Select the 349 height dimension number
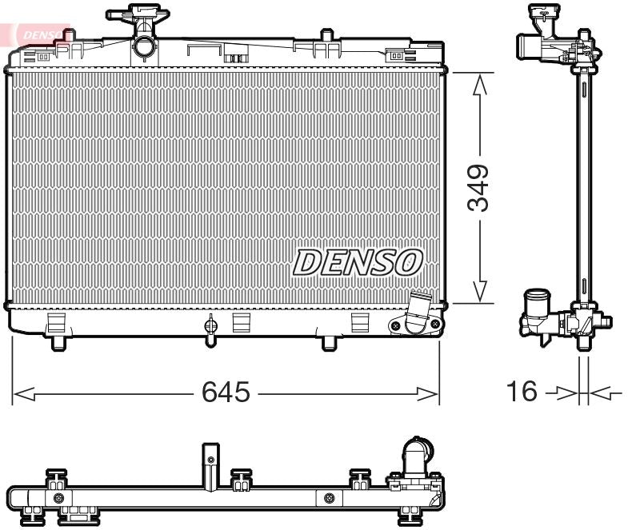coord(479,188)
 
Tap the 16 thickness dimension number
coord(521,392)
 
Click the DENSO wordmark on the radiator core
coord(358,262)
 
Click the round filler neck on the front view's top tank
coord(144,46)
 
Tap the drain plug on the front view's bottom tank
coord(211,328)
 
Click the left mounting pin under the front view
coord(59,343)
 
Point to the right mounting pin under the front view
coord(329,343)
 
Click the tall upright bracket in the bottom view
coord(210,466)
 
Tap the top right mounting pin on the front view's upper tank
coord(326,36)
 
